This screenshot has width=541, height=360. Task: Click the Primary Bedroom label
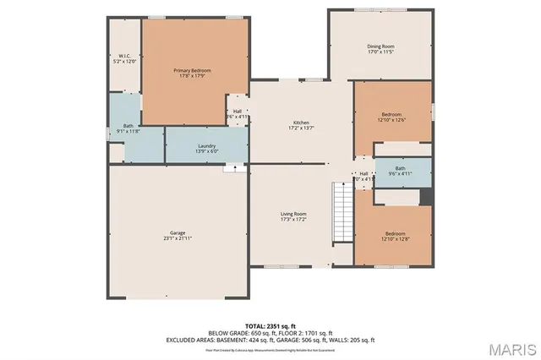pyautogui.click(x=192, y=70)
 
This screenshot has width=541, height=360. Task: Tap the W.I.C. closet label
pyautogui.click(x=123, y=56)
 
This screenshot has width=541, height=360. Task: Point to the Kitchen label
pyautogui.click(x=301, y=123)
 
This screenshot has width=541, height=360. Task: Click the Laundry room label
pyautogui.click(x=207, y=146)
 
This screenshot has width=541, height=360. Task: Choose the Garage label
pyautogui.click(x=178, y=232)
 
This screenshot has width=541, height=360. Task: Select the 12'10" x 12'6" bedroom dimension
pyautogui.click(x=391, y=120)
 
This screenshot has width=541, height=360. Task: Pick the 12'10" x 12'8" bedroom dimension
pyautogui.click(x=395, y=239)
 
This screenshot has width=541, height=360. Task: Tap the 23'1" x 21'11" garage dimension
pyautogui.click(x=178, y=238)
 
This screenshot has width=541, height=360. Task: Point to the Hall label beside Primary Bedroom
pyautogui.click(x=238, y=111)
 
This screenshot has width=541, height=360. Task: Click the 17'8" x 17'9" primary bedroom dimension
pyautogui.click(x=192, y=76)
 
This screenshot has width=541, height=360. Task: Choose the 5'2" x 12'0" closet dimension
pyautogui.click(x=124, y=62)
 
